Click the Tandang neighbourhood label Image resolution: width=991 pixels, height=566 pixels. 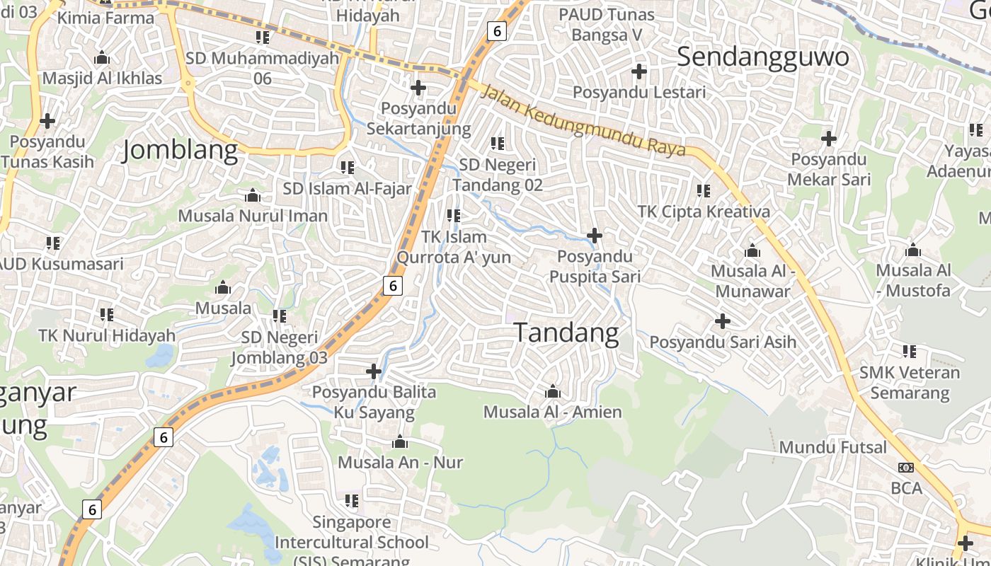pos(566,333)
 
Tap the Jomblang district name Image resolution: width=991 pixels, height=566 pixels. pos(180,151)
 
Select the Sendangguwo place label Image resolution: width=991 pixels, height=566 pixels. pos(762,57)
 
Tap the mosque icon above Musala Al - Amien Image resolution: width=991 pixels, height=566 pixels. pos(553,391)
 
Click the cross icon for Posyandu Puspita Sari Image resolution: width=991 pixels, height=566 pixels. pos(595,235)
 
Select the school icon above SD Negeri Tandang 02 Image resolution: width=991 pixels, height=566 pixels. pos(498,144)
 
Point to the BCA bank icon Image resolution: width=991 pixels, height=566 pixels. pos(905,468)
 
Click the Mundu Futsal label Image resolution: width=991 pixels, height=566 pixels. pos(832,447)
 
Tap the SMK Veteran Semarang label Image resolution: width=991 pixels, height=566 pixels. pos(910,382)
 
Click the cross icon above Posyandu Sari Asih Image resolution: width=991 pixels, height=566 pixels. pos(722,321)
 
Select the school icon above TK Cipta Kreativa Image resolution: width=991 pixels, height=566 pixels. pos(703,190)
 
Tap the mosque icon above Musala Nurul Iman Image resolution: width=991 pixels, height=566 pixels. pos(252,195)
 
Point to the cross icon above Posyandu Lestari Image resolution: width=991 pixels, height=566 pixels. pos(639,71)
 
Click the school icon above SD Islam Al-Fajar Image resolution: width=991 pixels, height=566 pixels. pos(347,168)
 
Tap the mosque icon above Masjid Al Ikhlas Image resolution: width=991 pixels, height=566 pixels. pos(102,57)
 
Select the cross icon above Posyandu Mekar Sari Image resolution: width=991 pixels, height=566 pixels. pos(828,139)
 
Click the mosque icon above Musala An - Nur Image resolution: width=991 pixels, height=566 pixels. pos(400,442)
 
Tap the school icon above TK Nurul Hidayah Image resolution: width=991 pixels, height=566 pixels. pos(106,314)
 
